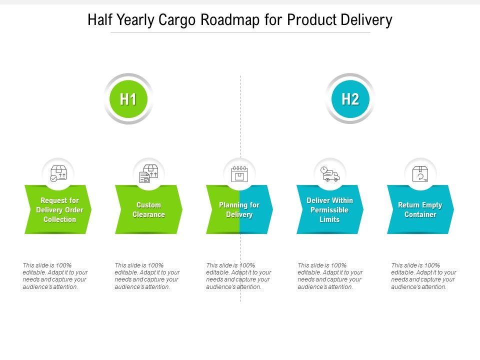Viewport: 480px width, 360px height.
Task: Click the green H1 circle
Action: pos(128,99)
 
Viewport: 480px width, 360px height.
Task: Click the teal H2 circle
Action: pos(350,99)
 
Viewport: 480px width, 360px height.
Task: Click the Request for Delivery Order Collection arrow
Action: pos(59,209)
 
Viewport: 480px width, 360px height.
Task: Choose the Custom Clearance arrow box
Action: pos(148,209)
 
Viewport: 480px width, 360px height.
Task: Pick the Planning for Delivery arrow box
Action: pos(239,209)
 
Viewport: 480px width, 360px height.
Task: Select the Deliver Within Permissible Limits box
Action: pos(329,209)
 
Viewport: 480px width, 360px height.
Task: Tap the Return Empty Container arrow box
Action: pos(420,209)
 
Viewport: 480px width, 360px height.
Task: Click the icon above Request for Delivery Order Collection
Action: pos(58,173)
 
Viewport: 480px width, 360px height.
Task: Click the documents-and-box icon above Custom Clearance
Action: pos(148,173)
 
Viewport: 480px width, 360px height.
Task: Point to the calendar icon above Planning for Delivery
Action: pos(239,173)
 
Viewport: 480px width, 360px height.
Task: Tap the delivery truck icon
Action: pos(330,173)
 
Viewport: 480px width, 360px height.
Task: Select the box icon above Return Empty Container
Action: pos(420,173)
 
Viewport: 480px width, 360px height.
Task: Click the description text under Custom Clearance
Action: pos(147,276)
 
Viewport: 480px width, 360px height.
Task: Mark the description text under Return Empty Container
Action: pos(423,276)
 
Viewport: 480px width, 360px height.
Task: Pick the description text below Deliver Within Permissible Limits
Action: pos(330,276)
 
